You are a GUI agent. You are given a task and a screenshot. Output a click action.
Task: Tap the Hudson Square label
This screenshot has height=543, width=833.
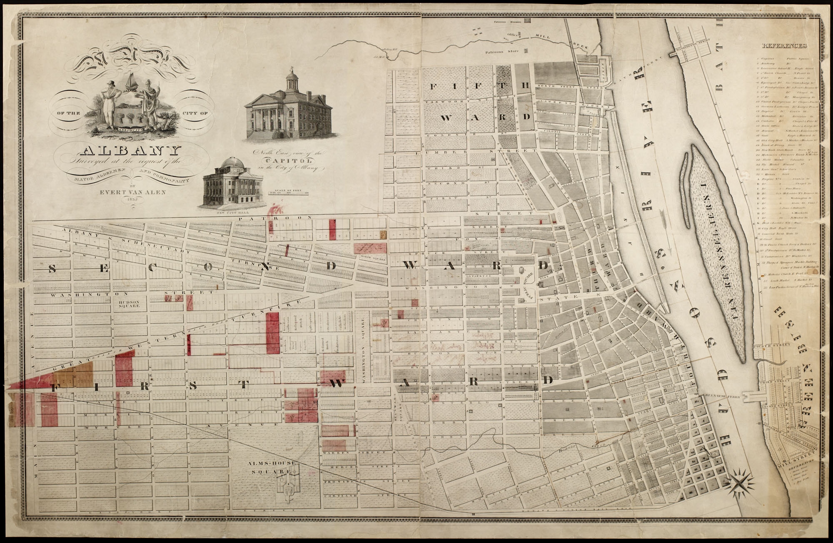[x=128, y=304]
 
